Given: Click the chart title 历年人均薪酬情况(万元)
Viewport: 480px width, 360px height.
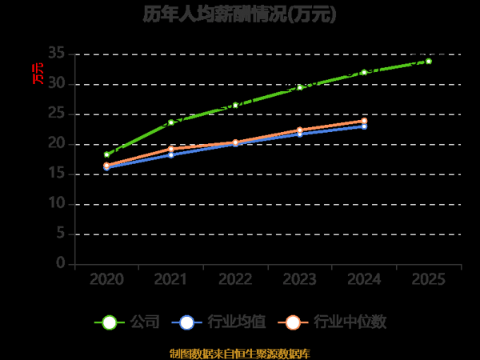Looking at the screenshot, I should pyautogui.click(x=239, y=14).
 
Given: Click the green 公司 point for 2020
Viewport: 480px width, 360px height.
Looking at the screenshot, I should pyautogui.click(x=106, y=154).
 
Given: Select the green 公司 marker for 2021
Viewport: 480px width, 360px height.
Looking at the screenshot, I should pyautogui.click(x=171, y=122).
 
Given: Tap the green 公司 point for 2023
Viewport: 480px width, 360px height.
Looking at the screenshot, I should pyautogui.click(x=300, y=86).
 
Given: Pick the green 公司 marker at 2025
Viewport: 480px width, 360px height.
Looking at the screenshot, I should pyautogui.click(x=429, y=61).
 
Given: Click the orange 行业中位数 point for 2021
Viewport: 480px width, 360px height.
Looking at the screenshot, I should pyautogui.click(x=171, y=149).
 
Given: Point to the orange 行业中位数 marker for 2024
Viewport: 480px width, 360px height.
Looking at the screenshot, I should pyautogui.click(x=364, y=121).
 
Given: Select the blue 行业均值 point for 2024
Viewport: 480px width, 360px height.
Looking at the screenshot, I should pyautogui.click(x=364, y=126).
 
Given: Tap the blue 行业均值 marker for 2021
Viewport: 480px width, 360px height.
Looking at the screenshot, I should pyautogui.click(x=171, y=154).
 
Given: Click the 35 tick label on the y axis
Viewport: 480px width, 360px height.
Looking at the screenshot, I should pyautogui.click(x=56, y=54).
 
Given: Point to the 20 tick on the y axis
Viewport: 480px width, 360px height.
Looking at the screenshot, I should pyautogui.click(x=56, y=143).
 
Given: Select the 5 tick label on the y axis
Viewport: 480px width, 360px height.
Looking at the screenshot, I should pyautogui.click(x=60, y=234).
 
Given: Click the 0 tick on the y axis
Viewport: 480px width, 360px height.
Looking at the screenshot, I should pyautogui.click(x=60, y=263).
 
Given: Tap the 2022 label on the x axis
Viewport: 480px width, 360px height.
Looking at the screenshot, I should pyautogui.click(x=235, y=279).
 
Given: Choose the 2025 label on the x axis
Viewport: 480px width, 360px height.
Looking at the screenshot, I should pyautogui.click(x=429, y=279).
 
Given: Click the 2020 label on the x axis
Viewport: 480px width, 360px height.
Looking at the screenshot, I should pyautogui.click(x=106, y=279).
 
